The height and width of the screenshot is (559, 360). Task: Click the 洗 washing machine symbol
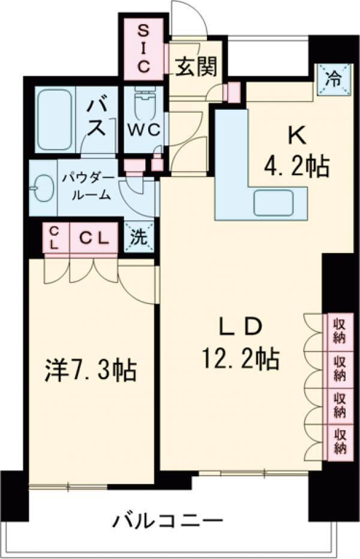pyautogui.click(x=139, y=237)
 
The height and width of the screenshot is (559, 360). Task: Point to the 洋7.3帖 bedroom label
pyautogui.click(x=90, y=371)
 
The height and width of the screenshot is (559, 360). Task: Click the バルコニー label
pyautogui.click(x=168, y=520)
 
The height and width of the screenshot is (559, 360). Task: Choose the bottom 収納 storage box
pyautogui.click(x=340, y=441)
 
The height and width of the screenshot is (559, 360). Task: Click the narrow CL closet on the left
pyautogui.click(x=53, y=238)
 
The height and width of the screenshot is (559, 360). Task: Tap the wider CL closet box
pyautogui.click(x=95, y=238)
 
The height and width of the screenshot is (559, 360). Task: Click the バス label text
pyautogui.click(x=97, y=118)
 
